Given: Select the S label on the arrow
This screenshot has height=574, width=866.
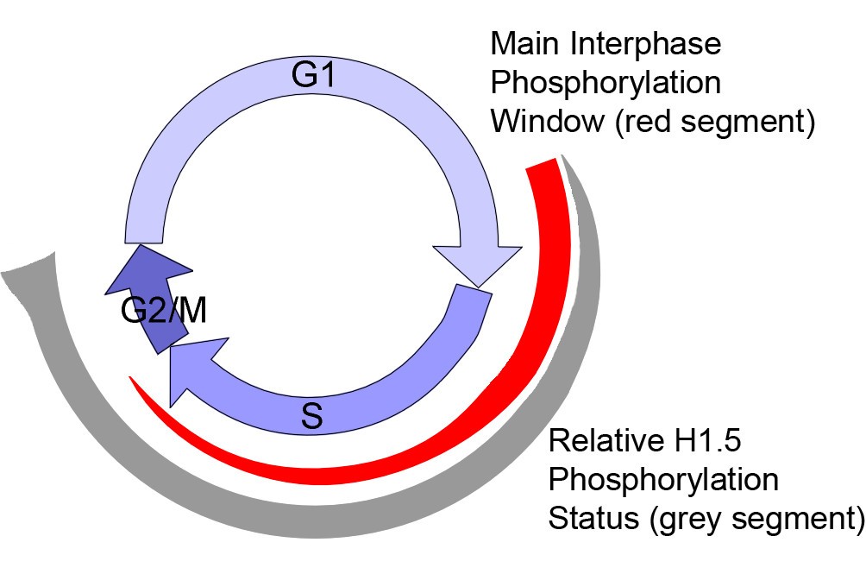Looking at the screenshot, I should click(x=312, y=418).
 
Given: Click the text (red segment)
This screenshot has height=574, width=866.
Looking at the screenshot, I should click(x=715, y=121).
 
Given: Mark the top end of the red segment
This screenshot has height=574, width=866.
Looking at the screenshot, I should click(x=543, y=166).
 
